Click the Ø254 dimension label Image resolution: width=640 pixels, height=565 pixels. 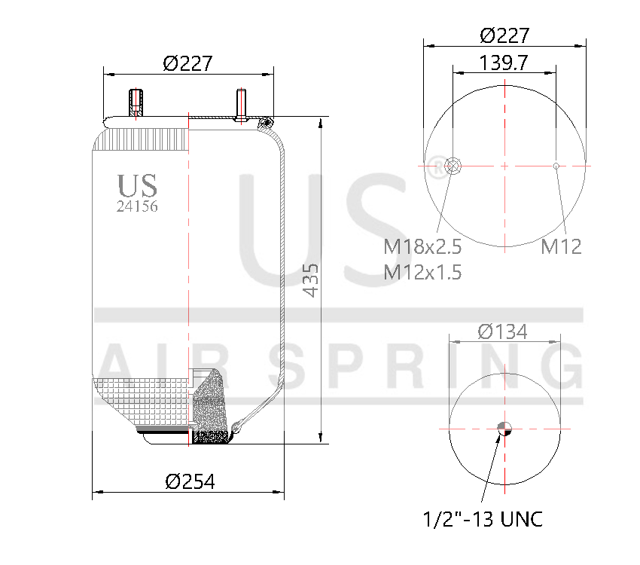(x=189, y=481)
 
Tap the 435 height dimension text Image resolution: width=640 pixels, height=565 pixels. (x=310, y=279)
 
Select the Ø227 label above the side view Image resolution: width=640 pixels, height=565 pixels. (x=187, y=63)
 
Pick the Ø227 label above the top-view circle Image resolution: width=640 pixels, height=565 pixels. (x=504, y=35)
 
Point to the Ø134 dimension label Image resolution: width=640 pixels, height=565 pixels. (x=502, y=331)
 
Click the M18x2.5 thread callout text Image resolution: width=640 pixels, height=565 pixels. (x=422, y=246)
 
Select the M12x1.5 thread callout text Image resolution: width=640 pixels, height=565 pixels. (x=422, y=272)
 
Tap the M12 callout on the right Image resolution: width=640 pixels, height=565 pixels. (x=561, y=246)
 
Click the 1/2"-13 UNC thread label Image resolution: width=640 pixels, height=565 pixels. (x=483, y=519)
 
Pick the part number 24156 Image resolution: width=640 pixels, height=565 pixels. (x=137, y=206)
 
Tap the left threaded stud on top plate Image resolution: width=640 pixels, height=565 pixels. (x=136, y=103)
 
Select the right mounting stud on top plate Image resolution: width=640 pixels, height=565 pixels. (x=241, y=105)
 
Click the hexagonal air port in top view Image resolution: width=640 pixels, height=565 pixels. (x=454, y=166)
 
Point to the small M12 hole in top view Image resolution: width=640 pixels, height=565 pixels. (x=556, y=166)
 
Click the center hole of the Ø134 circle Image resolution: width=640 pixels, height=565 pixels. (x=504, y=429)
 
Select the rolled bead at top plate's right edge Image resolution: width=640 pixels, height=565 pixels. (x=265, y=122)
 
